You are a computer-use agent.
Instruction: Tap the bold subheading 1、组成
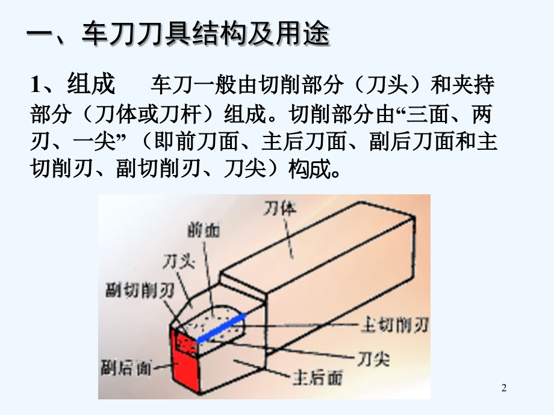(x=73, y=84)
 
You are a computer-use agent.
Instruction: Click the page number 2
(x=504, y=387)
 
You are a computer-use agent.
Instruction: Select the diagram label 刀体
(x=280, y=208)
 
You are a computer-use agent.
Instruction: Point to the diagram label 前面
(x=204, y=230)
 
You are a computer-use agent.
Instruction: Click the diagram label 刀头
(x=179, y=262)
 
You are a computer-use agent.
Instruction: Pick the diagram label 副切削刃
(x=140, y=290)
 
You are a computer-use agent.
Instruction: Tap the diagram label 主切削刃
(x=394, y=325)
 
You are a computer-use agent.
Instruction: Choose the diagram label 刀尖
(x=373, y=359)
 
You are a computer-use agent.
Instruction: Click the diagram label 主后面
(x=318, y=378)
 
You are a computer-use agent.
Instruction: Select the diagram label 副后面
(x=126, y=367)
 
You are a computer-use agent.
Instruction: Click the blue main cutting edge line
(x=221, y=328)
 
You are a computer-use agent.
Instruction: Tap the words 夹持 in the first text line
(x=473, y=85)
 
